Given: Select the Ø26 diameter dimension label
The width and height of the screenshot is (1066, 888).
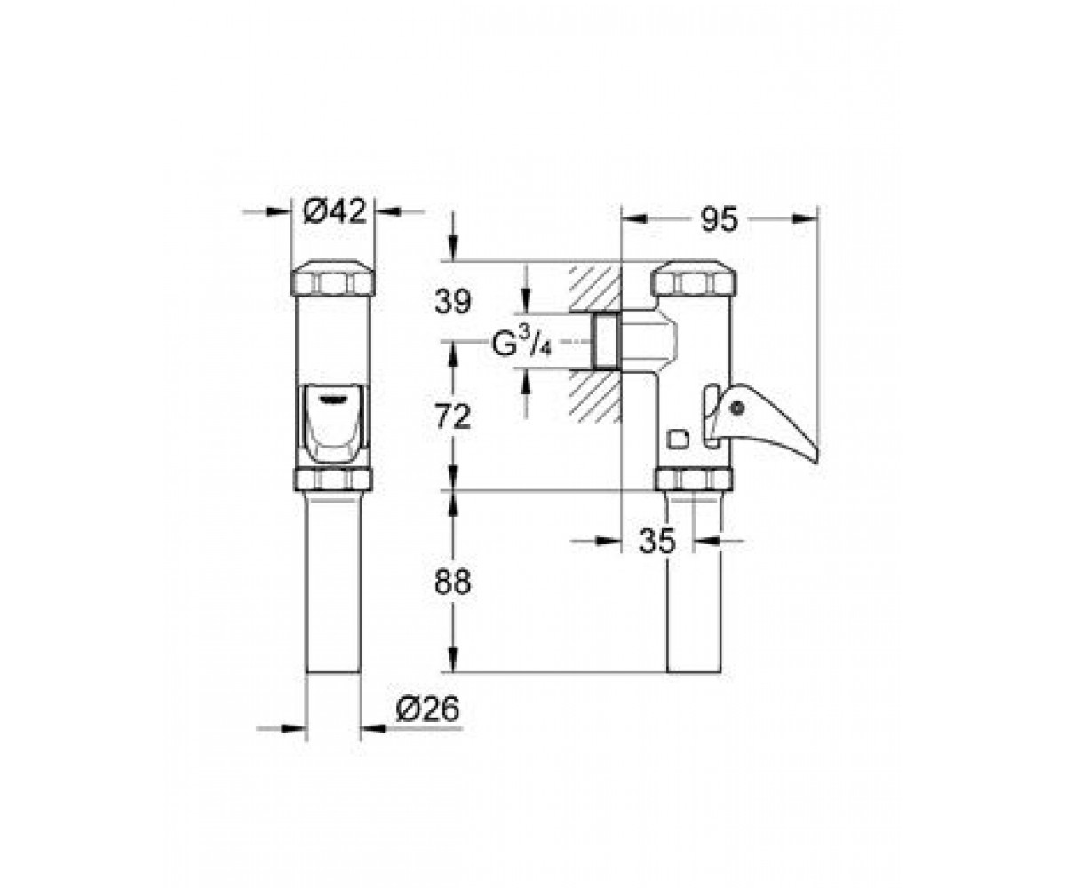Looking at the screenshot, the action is point(428,709).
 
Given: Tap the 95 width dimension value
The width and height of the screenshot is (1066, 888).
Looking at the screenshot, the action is point(719,219).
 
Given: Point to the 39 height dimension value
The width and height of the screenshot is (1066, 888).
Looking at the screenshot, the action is point(452,302).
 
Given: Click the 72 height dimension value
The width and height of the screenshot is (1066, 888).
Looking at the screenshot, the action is point(452,417).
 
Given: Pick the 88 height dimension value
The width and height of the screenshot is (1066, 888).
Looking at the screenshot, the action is point(452,583).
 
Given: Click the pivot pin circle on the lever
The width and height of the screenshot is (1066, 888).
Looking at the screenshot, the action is point(736,408).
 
